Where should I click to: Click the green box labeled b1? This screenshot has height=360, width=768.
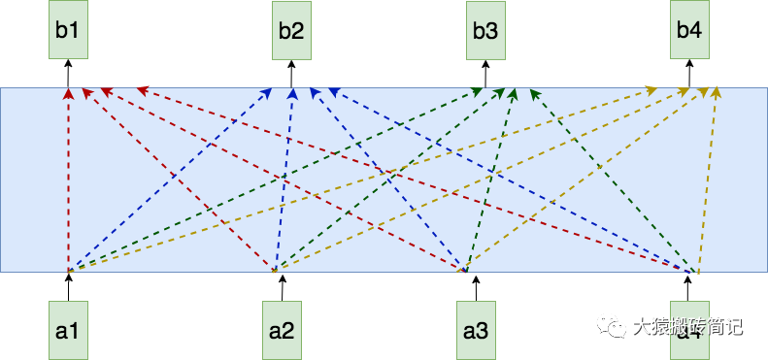pos(68,30)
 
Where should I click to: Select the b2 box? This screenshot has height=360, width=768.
pos(291,30)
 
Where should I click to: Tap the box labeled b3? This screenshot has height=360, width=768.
pos(485,30)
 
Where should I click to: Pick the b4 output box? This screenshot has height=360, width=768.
pos(688,30)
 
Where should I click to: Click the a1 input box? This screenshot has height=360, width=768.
pos(68,330)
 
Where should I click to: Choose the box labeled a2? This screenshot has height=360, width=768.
pos(282,330)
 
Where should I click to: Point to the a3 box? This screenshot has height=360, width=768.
pos(475,330)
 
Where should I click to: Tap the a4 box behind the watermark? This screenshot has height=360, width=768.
pos(688,330)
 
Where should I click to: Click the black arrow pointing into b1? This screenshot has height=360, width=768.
pos(68,74)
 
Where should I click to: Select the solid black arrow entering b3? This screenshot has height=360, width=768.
pos(485,74)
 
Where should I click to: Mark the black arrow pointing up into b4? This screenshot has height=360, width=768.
pos(688,74)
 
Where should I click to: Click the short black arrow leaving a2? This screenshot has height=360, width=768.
pos(282,287)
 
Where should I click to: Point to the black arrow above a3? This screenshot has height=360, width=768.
pos(475,287)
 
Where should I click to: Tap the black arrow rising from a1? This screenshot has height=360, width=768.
pos(68,287)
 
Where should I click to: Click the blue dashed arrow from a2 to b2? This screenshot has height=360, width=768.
pos(284,184)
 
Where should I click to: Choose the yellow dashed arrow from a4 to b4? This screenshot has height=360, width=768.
pos(708,184)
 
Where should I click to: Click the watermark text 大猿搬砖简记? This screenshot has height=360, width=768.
pos(687,327)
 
